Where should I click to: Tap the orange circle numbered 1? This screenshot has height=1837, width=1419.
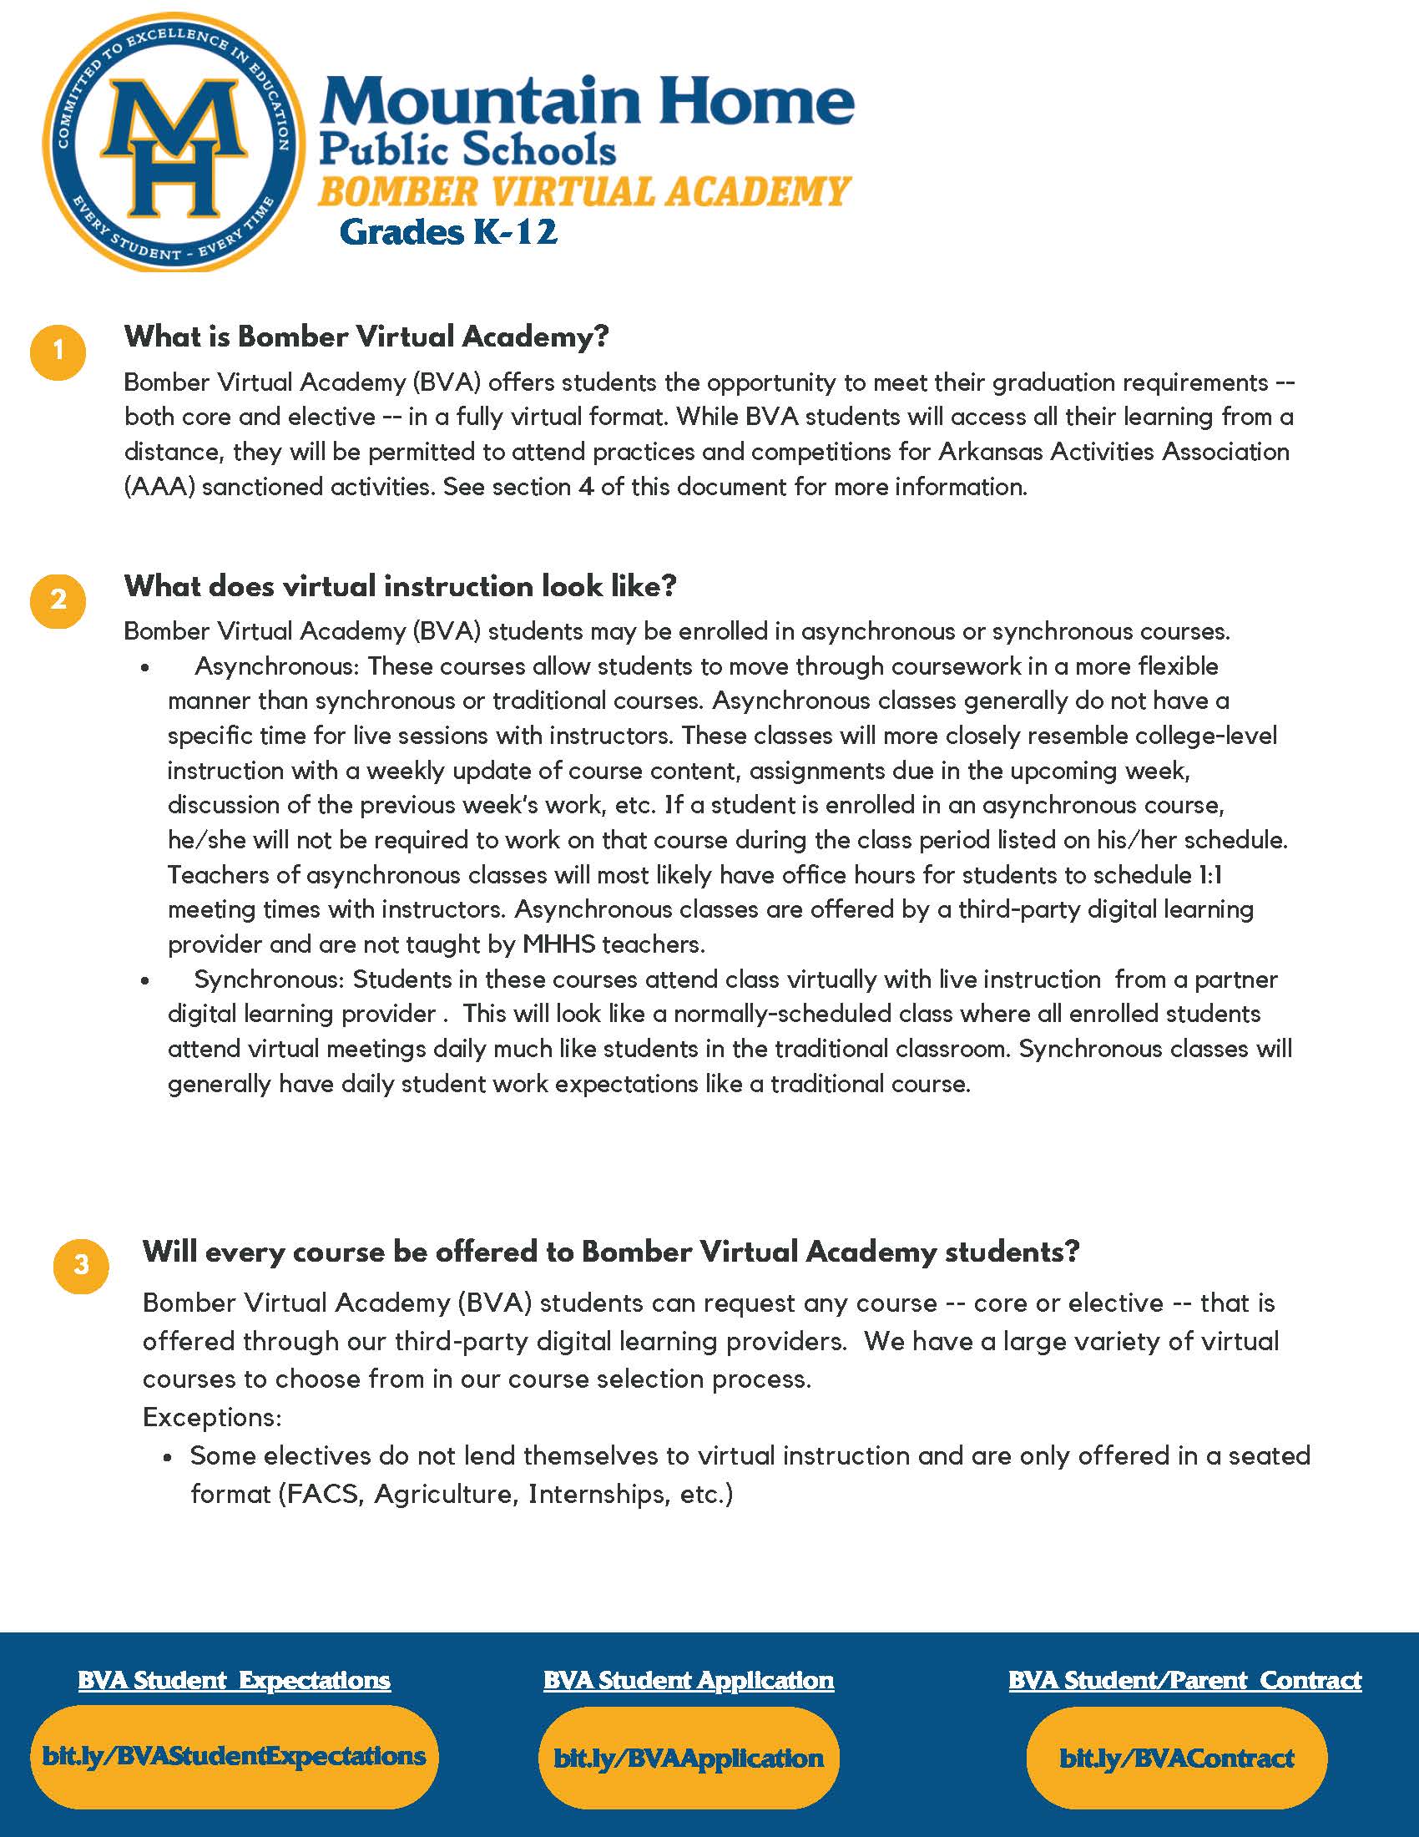click(58, 351)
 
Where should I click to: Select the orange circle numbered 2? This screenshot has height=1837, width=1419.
click(58, 600)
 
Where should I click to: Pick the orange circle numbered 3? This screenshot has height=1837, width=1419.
click(81, 1265)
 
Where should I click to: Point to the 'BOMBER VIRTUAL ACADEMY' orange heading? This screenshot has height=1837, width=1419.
click(584, 192)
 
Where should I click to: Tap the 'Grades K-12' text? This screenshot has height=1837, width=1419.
click(448, 231)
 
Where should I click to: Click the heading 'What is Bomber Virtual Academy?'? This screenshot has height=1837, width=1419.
click(366, 337)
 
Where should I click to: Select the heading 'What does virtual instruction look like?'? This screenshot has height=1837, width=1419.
click(400, 586)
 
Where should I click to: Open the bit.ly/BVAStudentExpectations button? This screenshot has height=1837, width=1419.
click(234, 1756)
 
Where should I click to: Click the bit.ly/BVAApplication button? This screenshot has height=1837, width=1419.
click(689, 1758)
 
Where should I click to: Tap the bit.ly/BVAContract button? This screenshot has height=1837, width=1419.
click(1176, 1758)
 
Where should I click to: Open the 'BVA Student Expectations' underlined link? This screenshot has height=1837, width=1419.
click(234, 1681)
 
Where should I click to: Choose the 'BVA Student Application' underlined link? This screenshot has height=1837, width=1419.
click(689, 1681)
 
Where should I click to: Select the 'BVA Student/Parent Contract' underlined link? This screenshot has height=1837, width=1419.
click(1184, 1681)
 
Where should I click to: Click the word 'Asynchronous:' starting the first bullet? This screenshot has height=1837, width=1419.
click(277, 666)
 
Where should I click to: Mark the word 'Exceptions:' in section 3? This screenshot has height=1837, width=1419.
click(212, 1417)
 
